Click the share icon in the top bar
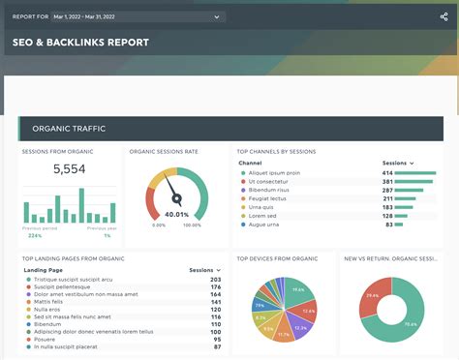point(444,16)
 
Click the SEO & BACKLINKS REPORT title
point(80,43)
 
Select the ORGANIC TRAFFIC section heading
point(69,129)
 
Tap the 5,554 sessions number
point(69,168)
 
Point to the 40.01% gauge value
point(176,215)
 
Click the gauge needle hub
point(177,199)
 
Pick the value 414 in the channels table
point(387,172)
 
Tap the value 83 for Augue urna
point(388,224)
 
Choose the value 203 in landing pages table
point(215,280)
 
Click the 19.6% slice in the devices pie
point(297,289)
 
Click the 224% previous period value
point(35,235)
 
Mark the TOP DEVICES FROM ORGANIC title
point(277,258)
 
